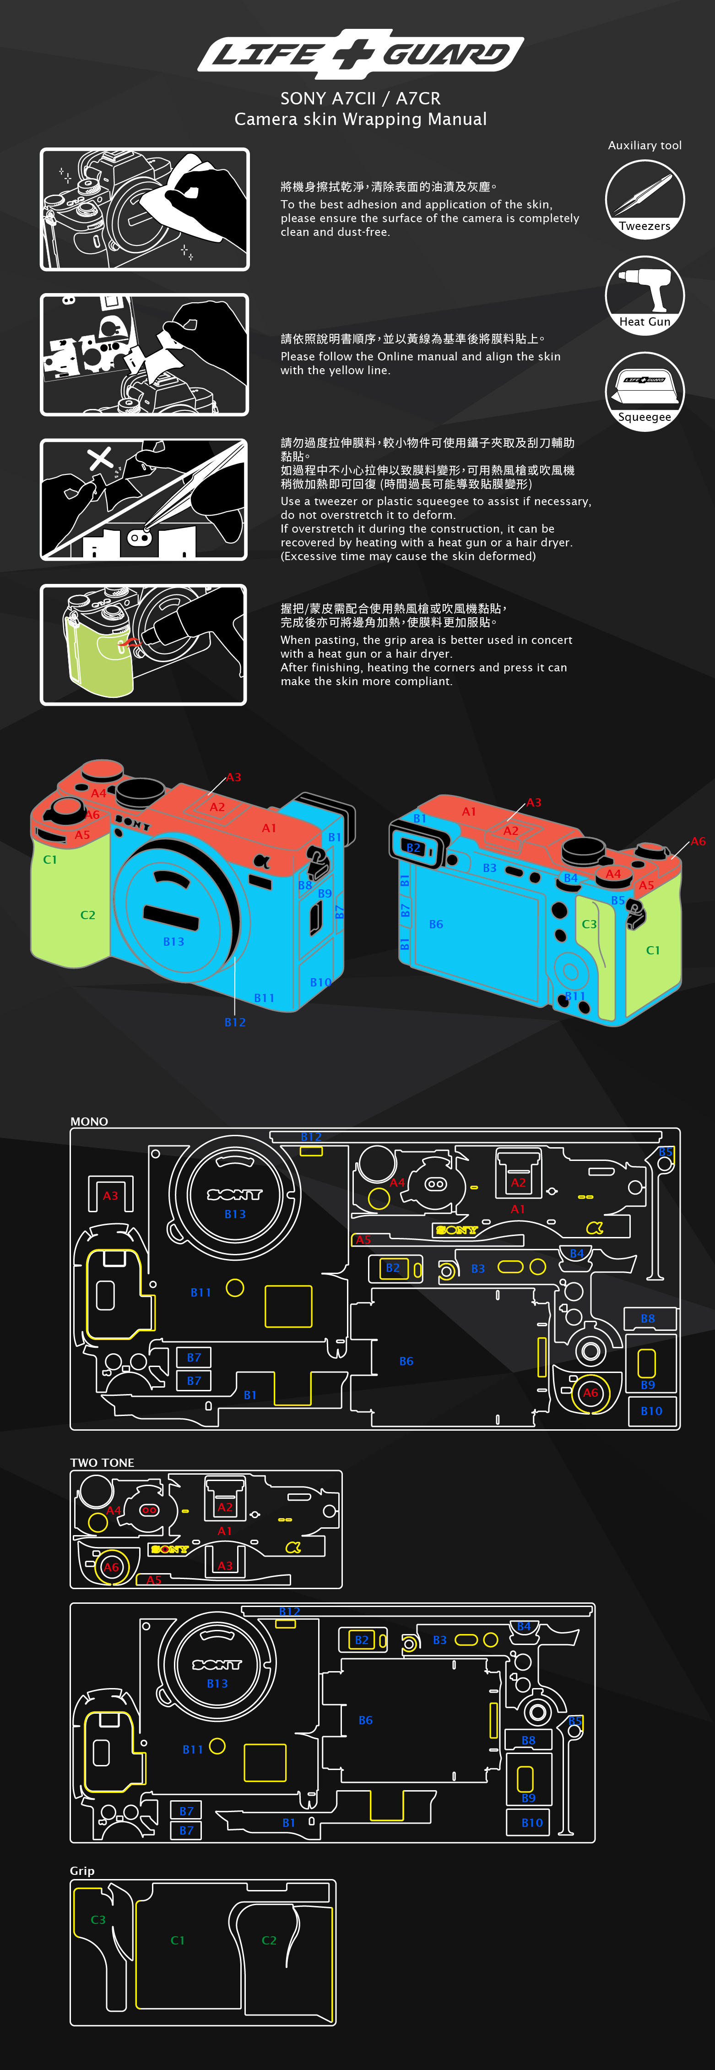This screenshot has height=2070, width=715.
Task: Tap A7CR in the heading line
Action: click(418, 98)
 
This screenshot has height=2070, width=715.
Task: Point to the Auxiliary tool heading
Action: click(645, 146)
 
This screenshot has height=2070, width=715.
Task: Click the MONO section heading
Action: click(89, 1121)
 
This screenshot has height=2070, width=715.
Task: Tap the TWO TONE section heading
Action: click(102, 1462)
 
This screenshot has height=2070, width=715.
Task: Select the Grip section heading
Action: click(82, 1871)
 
